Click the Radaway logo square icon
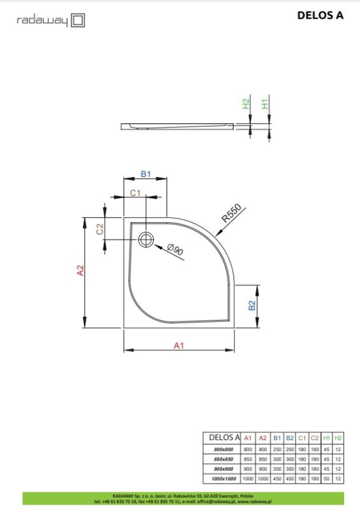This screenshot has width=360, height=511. pyautogui.click(x=77, y=20)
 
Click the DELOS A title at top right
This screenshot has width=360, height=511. pyautogui.click(x=320, y=16)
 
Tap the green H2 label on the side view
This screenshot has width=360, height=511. pyautogui.click(x=245, y=104)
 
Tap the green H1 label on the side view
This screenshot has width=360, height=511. pyautogui.click(x=266, y=104)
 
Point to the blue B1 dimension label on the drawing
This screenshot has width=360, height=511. pyautogui.click(x=145, y=174)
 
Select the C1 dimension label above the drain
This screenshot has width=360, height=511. pyautogui.click(x=135, y=192)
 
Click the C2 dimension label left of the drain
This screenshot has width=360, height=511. pyautogui.click(x=100, y=229)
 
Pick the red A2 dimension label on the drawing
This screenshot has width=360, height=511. pyautogui.click(x=80, y=271)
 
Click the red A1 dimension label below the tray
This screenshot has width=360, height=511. pyautogui.click(x=179, y=346)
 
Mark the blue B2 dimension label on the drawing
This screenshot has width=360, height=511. pyautogui.click(x=252, y=305)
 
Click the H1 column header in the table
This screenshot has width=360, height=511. pyautogui.click(x=327, y=438)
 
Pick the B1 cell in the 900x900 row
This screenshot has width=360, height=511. pyautogui.click(x=277, y=469)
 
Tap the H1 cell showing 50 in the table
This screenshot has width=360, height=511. pyautogui.click(x=327, y=478)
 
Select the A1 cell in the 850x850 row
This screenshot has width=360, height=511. pyautogui.click(x=248, y=459)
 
